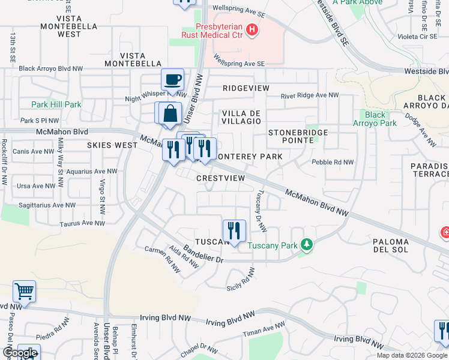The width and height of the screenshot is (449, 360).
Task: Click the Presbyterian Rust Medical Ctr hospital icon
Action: (x=252, y=29)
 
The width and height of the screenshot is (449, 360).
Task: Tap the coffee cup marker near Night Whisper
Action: (x=173, y=80)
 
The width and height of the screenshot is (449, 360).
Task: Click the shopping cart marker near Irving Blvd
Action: (x=24, y=292)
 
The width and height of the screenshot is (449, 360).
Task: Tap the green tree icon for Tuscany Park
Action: (x=307, y=244)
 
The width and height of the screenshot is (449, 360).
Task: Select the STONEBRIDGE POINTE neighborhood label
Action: (x=298, y=136)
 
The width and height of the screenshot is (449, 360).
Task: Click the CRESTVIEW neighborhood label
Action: (x=221, y=178)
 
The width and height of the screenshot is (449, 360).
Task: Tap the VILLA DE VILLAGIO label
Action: (x=241, y=116)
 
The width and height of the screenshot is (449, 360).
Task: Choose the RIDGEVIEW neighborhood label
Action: (x=246, y=88)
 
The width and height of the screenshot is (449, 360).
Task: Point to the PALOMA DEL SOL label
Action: (x=391, y=245)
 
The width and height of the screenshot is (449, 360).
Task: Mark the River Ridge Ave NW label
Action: (x=310, y=95)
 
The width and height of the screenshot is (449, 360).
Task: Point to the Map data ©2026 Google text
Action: (x=412, y=355)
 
